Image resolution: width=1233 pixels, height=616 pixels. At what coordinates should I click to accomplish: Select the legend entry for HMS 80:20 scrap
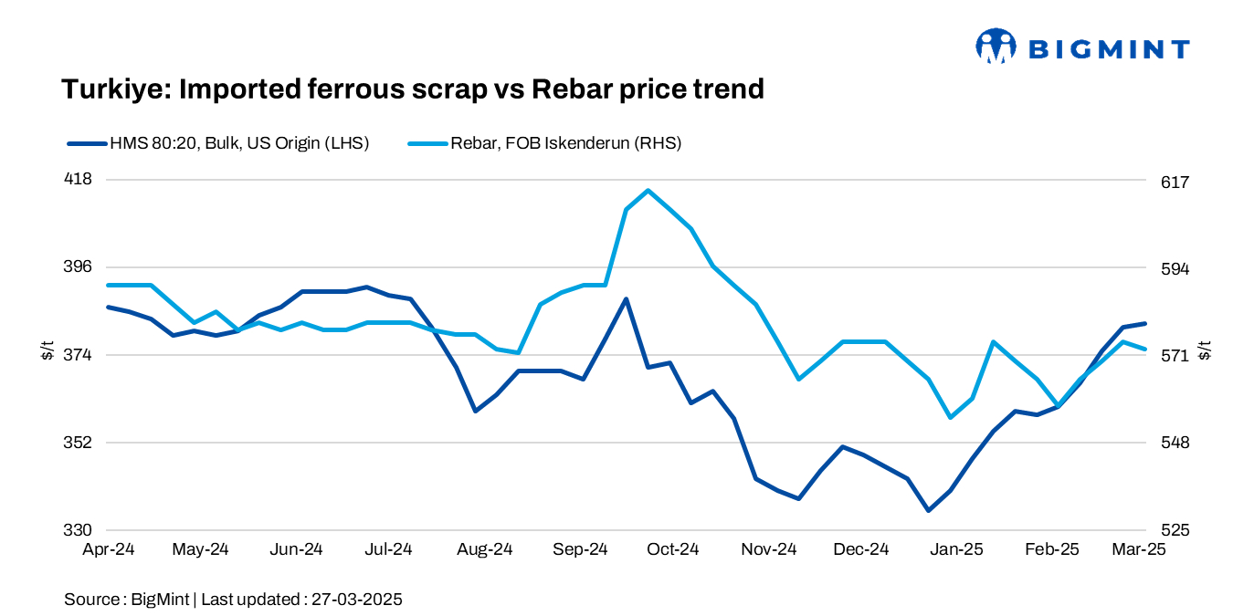pos(218,143)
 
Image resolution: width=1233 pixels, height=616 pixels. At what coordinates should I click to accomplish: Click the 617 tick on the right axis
pos(1175,182)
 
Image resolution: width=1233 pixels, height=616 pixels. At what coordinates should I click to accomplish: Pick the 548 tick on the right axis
pos(1175,443)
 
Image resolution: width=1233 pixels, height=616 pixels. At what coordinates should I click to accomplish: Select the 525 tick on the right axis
pos(1175,530)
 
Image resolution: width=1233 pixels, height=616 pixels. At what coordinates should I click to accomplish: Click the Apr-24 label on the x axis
pos(110,549)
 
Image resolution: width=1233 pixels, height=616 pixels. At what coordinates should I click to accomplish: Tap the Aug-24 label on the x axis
pos(485,549)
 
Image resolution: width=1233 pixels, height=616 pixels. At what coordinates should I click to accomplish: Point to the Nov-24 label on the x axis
pos(769,549)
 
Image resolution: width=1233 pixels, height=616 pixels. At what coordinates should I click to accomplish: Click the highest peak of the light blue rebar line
pos(648,191)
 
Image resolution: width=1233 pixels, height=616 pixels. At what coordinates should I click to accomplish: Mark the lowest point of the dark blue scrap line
pos(928,510)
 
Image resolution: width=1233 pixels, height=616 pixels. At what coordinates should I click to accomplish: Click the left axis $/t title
pos(47,350)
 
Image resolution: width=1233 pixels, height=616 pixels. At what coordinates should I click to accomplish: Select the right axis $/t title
pos(1206,350)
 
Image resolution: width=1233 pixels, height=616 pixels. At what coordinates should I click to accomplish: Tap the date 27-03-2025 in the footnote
pos(357,600)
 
